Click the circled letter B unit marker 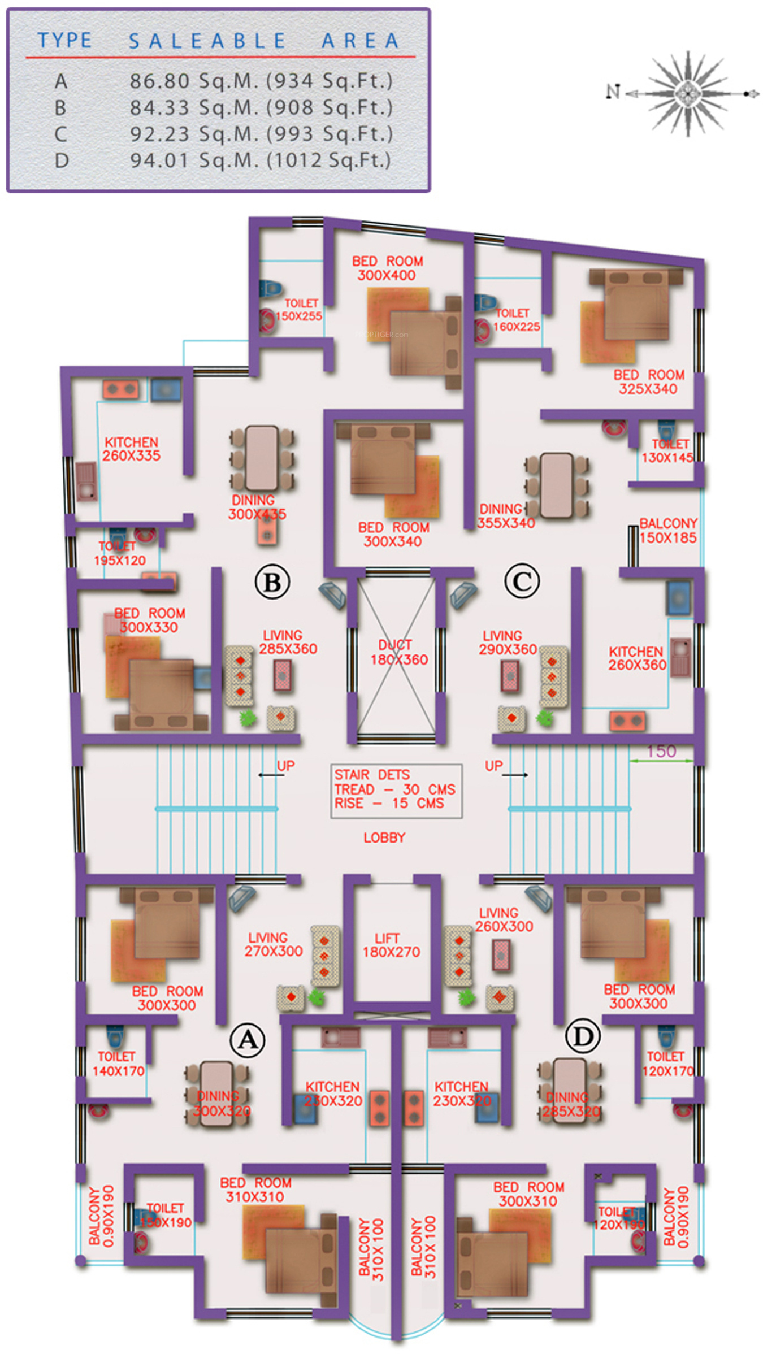[272, 582]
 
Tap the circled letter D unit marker [583, 1036]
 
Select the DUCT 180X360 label [398, 652]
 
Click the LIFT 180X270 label [391, 945]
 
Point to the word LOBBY [384, 837]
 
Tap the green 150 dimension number [661, 751]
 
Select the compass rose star [687, 93]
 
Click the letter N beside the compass [613, 92]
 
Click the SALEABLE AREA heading [264, 41]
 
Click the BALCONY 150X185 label [668, 531]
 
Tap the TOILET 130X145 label [669, 451]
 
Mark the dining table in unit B [262, 457]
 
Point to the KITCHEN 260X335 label [131, 449]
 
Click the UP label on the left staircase [285, 766]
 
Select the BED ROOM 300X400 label [387, 268]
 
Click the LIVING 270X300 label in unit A [273, 945]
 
